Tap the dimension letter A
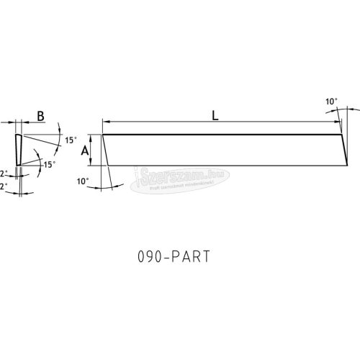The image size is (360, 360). [84, 150]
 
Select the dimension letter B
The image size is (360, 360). [40, 115]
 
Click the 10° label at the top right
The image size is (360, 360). [330, 103]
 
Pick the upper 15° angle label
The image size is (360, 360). [70, 140]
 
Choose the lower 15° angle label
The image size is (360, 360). [48, 164]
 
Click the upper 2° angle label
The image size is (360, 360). [4, 174]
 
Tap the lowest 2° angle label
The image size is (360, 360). [4, 186]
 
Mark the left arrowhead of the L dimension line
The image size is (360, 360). [106, 123]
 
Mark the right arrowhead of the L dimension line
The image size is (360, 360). [338, 123]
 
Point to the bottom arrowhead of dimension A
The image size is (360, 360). [92, 163]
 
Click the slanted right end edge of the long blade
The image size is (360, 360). [344, 150]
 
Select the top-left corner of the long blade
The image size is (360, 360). [103, 135]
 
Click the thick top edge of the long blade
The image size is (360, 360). [223, 135]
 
